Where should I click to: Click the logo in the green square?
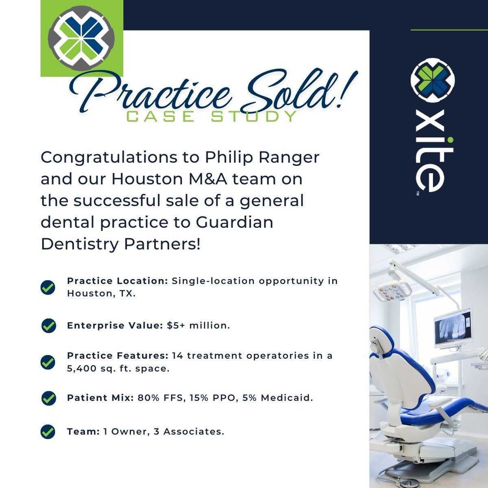tap(81, 39)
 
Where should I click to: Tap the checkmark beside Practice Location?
tap(48, 287)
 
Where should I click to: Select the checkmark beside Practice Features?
tap(48, 362)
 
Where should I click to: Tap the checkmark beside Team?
tap(48, 431)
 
